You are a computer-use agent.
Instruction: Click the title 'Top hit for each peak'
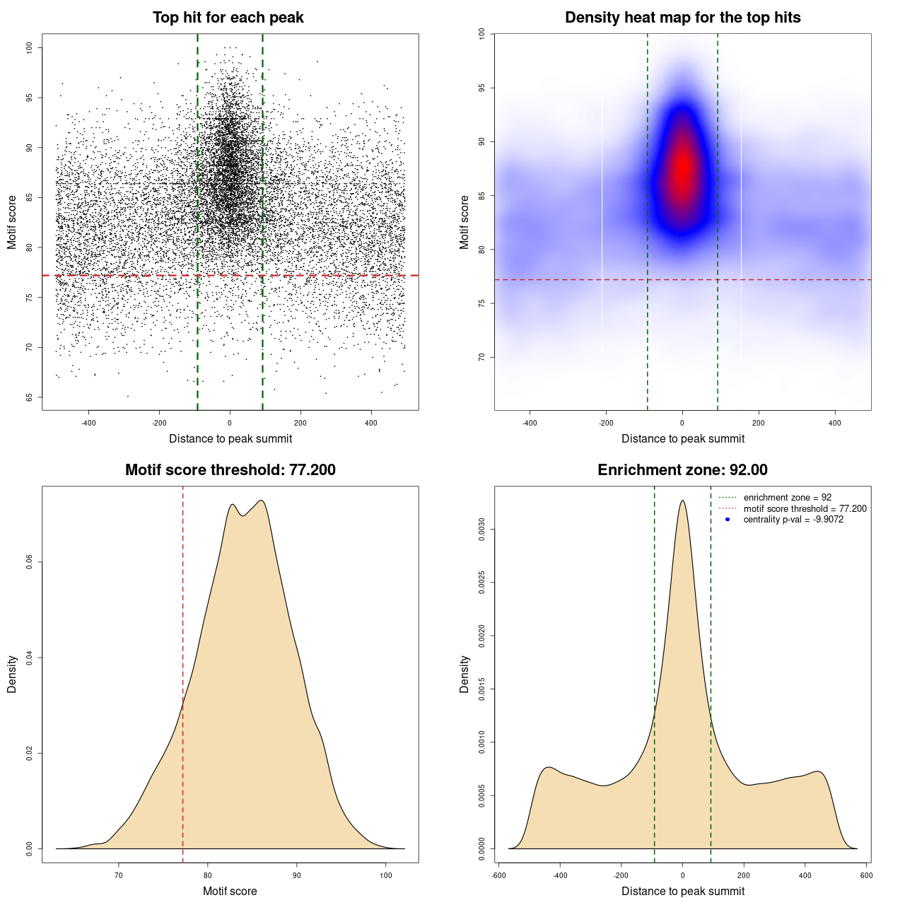click(228, 18)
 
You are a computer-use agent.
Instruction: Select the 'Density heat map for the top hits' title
click(682, 18)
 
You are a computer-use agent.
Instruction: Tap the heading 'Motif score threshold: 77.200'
click(230, 470)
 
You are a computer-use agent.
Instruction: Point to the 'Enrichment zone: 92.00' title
click(682, 470)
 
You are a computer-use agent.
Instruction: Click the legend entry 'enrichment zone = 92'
click(787, 498)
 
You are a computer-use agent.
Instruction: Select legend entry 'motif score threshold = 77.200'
click(805, 508)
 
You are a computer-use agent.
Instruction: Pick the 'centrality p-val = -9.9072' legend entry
click(793, 520)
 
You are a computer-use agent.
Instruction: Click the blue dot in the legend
click(728, 520)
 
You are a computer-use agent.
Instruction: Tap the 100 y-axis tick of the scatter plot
click(30, 47)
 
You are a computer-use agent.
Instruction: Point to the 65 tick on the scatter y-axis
click(30, 397)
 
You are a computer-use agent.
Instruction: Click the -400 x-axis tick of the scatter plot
click(88, 423)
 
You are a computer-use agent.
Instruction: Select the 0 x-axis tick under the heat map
click(682, 423)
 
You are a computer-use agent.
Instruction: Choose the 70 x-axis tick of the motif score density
click(119, 875)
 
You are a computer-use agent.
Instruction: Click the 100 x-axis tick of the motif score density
click(385, 875)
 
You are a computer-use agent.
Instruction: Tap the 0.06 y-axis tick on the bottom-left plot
click(30, 562)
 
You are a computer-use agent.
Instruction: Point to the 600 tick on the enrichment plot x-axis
click(866, 875)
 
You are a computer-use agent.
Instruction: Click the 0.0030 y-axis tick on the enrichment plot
click(482, 530)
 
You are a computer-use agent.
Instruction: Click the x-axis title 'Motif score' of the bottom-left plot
click(230, 891)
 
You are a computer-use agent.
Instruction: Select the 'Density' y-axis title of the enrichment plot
click(465, 674)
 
